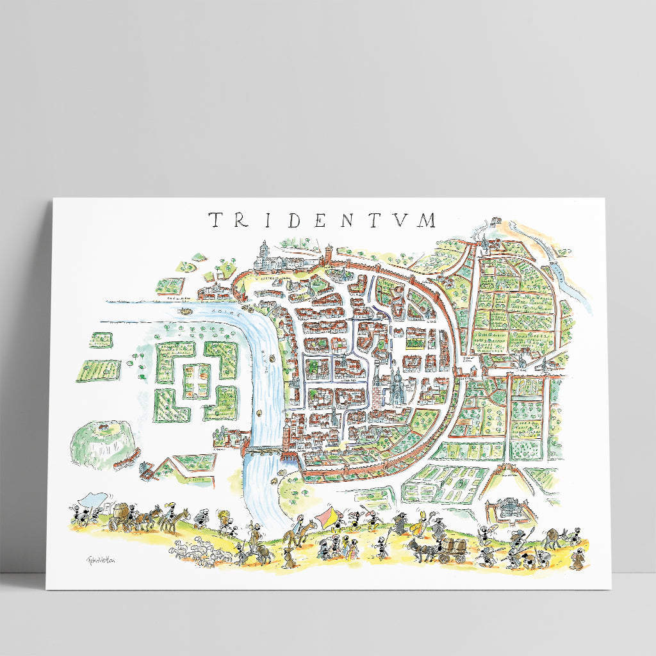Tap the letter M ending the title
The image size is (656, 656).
[424, 220]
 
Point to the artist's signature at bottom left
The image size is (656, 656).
[95, 559]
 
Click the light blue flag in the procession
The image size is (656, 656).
[95, 498]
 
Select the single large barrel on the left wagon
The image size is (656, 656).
[120, 514]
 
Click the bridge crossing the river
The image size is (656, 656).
[263, 450]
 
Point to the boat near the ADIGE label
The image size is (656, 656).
[186, 310]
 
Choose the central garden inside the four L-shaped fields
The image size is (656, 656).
[196, 381]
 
